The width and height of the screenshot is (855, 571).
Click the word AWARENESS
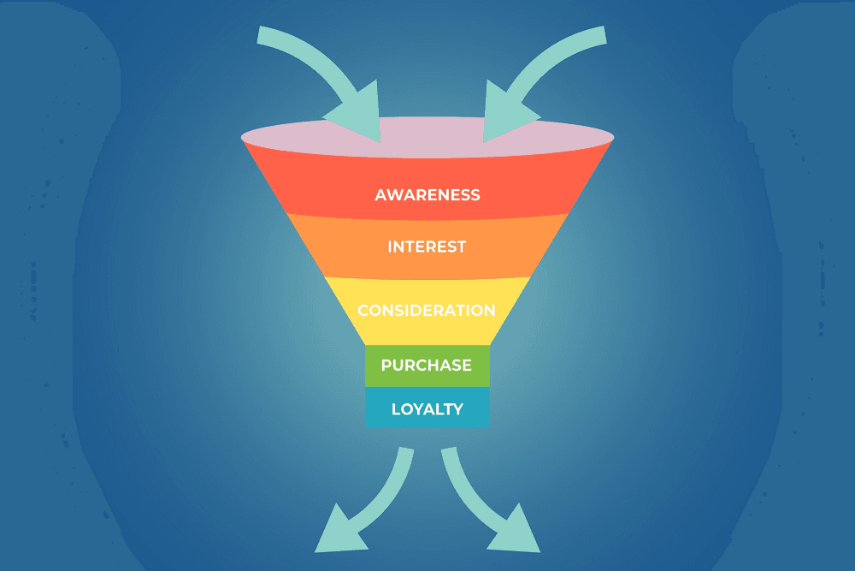[x=427, y=195]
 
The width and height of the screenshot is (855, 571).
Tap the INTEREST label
[x=427, y=247]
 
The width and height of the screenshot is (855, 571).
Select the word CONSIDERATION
[x=427, y=310]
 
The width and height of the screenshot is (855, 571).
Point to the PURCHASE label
[x=427, y=365]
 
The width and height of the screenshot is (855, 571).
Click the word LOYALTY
[x=427, y=409]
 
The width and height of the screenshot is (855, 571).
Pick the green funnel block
[x=427, y=366]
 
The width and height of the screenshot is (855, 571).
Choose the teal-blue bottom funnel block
[x=427, y=407]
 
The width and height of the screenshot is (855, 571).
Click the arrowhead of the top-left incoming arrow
[x=360, y=116]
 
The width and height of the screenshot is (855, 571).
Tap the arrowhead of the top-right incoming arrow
[x=504, y=116]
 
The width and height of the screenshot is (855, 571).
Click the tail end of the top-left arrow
[x=260, y=34]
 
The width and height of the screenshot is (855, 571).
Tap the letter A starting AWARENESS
[x=381, y=195]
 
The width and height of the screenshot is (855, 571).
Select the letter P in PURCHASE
[x=386, y=365]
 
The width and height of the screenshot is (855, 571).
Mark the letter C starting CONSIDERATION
[x=363, y=310]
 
